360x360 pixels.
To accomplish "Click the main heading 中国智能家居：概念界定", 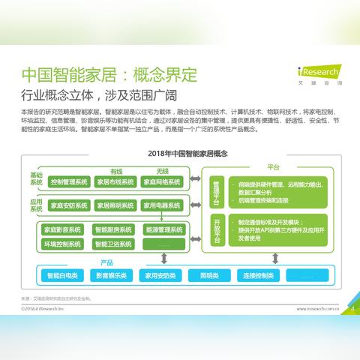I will (x=109, y=76).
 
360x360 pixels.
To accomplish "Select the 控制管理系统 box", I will (x=68, y=182).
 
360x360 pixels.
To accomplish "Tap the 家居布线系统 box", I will (x=115, y=182).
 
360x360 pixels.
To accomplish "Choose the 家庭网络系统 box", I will (x=161, y=182).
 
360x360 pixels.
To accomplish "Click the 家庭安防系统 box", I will (x=68, y=205).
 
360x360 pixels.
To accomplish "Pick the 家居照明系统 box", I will (x=115, y=205).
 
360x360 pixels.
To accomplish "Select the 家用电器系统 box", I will (x=161, y=205).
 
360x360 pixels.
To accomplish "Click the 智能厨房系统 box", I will (x=112, y=230).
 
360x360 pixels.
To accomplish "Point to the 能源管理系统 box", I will (x=160, y=230).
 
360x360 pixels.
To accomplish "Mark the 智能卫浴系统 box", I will (x=112, y=244).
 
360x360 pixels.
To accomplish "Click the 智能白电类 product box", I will (x=61, y=275).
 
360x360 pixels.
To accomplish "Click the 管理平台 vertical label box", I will (x=216, y=193).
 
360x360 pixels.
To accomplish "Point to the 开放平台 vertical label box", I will (x=216, y=230).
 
